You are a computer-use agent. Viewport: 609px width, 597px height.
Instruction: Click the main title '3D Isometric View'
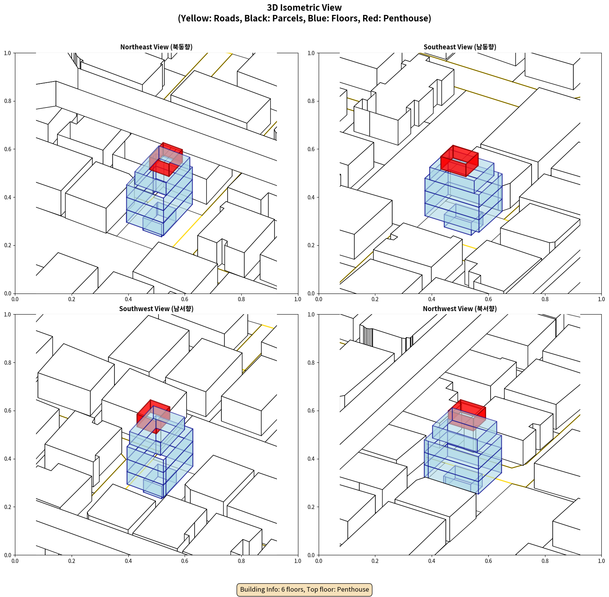coord(304,8)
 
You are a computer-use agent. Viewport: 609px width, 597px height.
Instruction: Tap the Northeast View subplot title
coord(156,47)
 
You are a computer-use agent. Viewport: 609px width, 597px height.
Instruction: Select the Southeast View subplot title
coord(460,47)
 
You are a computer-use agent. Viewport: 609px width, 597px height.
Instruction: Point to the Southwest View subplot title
coord(156,309)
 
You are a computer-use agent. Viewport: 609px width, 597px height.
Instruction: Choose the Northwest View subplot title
coord(460,309)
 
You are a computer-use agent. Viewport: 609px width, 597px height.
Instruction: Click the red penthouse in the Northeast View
coord(166,159)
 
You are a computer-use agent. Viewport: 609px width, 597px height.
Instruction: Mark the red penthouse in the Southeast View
coord(459,161)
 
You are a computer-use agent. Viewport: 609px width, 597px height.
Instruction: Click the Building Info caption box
coord(304,589)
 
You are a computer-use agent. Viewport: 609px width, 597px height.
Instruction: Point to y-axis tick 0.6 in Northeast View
coord(8,149)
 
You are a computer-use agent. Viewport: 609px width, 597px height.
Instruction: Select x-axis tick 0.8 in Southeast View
coord(545,299)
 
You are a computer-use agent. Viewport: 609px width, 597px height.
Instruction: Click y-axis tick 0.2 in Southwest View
coord(8,507)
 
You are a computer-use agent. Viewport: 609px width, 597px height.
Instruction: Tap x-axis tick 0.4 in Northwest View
coord(432,561)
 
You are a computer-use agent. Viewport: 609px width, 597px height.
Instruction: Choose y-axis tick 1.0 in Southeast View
coord(311,53)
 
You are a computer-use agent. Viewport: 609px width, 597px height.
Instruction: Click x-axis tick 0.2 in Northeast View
coord(72,299)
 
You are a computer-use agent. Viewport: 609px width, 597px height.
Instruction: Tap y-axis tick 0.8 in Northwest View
coord(311,363)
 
